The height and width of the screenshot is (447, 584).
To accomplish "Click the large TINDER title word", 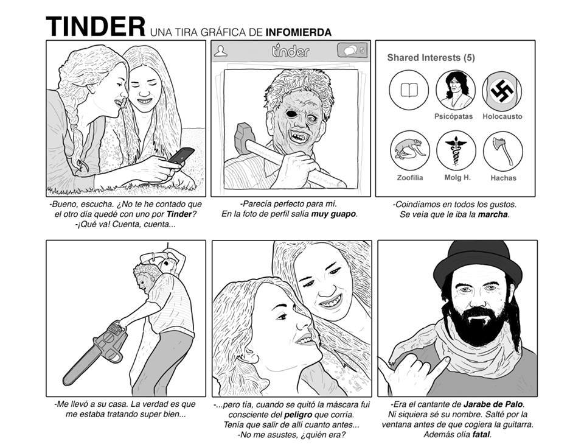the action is pyautogui.click(x=96, y=26).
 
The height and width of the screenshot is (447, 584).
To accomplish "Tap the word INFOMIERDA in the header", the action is pyautogui.click(x=298, y=32).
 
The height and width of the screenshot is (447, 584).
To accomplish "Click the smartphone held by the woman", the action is pyautogui.click(x=181, y=155).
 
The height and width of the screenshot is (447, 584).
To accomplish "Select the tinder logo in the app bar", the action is pyautogui.click(x=291, y=51).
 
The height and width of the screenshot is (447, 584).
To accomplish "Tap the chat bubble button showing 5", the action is pyautogui.click(x=352, y=51).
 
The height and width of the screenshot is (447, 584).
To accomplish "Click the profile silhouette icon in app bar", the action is pyautogui.click(x=220, y=51).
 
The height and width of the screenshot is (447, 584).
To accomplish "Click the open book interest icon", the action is pyautogui.click(x=409, y=90).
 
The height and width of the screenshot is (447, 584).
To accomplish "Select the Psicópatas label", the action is pyautogui.click(x=453, y=116).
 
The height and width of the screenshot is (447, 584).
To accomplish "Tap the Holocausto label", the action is pyautogui.click(x=502, y=116).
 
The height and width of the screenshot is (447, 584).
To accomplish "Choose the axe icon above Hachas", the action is pyautogui.click(x=503, y=152).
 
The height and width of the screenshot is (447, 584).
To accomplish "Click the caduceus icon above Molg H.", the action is pyautogui.click(x=456, y=150).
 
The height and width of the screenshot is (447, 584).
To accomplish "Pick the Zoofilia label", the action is pyautogui.click(x=409, y=178).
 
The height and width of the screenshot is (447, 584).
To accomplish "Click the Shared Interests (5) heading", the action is pyautogui.click(x=431, y=58).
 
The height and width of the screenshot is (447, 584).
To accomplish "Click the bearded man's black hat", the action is pyautogui.click(x=478, y=261).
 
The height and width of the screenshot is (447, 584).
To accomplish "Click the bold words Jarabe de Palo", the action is pyautogui.click(x=493, y=404).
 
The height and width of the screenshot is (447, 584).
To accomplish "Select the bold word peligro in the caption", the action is pyautogui.click(x=298, y=415).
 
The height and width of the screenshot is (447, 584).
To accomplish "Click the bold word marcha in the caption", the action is pyautogui.click(x=493, y=214).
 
